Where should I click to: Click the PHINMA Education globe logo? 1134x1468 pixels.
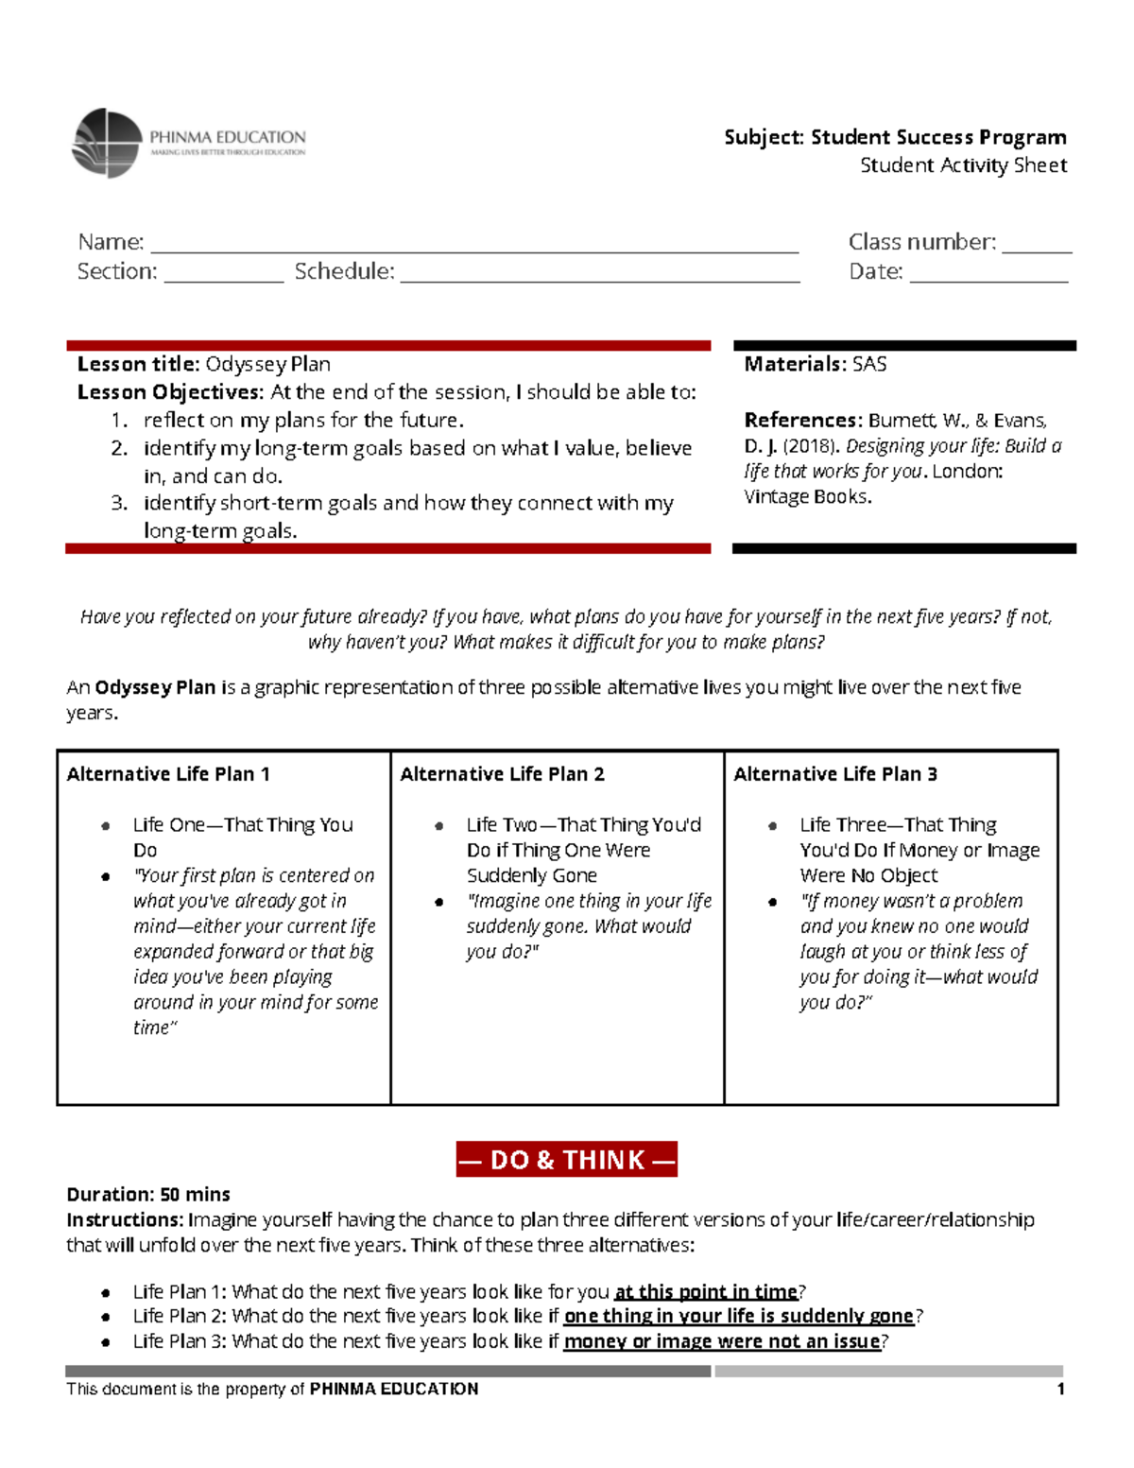coord(107,144)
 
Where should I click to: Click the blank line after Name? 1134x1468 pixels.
coord(474,248)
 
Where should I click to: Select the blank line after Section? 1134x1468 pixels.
coord(223,277)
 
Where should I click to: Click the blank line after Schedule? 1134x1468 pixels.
coord(599,277)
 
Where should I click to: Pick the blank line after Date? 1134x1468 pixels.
coord(988,277)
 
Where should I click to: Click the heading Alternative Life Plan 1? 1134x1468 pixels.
coord(168,774)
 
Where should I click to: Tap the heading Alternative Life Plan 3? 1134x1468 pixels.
coord(835,774)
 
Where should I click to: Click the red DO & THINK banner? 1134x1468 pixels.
coord(566,1160)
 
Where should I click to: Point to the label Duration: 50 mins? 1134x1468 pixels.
coord(148,1195)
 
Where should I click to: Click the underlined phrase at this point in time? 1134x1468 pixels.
coord(706,1292)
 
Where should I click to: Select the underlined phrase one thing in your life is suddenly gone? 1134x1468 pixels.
coord(738,1316)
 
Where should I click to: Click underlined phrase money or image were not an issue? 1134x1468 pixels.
coord(721,1341)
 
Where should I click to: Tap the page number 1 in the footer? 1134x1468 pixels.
coord(1060,1389)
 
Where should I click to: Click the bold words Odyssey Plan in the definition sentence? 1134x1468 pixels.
coord(155,687)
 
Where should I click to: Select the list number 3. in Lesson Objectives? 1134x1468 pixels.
coord(119,503)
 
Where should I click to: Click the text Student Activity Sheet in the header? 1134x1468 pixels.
coord(963,165)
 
